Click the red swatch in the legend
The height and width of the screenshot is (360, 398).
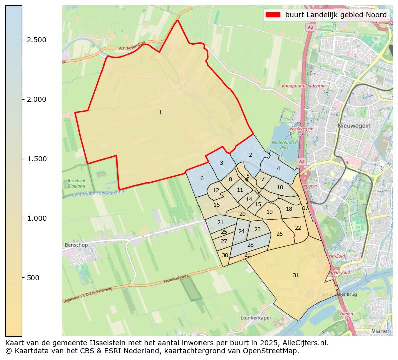[x=273, y=15]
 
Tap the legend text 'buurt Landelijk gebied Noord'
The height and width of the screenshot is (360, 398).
[x=336, y=15]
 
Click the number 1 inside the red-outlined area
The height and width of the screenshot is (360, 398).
[x=160, y=113]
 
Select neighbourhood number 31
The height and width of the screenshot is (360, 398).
[x=296, y=276]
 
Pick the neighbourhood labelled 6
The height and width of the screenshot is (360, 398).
[x=202, y=179]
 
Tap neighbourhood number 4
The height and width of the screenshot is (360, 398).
[x=278, y=169]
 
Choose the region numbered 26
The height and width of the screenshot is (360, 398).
[x=279, y=234]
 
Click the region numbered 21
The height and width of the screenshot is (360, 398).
[x=220, y=223]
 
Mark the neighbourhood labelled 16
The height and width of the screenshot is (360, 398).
[x=217, y=205]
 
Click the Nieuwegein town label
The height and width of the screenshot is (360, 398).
[x=354, y=126]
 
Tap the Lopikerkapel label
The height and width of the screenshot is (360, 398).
[x=255, y=318]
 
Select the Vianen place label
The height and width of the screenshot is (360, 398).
[x=381, y=331]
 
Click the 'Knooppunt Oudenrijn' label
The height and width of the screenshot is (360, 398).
[x=304, y=86]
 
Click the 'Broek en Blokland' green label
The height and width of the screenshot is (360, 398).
[x=76, y=183]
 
